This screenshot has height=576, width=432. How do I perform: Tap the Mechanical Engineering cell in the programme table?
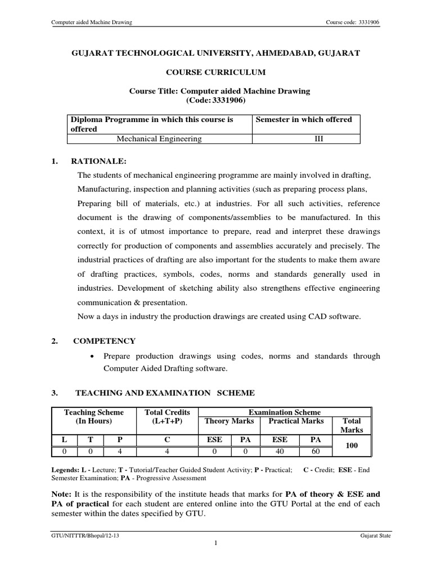159,139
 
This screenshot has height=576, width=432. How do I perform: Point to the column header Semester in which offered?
304,119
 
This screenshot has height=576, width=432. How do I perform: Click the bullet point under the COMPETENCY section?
91,357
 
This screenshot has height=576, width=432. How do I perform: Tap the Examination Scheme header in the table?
285,412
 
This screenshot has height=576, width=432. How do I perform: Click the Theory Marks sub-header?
229,421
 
